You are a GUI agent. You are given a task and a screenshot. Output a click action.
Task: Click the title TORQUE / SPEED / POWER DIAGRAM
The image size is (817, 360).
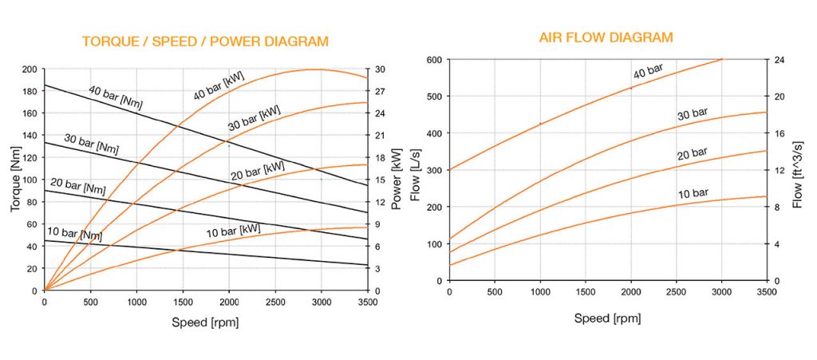[205, 42]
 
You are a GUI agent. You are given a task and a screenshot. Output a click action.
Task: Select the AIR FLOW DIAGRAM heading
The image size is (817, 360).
[606, 38]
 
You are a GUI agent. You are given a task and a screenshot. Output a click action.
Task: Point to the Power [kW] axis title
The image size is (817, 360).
[396, 180]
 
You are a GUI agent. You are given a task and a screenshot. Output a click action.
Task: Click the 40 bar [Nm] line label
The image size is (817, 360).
[116, 97]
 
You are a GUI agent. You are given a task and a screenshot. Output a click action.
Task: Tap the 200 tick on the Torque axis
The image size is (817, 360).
[30, 69]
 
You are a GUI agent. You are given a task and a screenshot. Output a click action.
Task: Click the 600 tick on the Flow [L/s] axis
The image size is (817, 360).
[432, 60]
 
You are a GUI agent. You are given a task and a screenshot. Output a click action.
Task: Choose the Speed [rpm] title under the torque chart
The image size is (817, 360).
[205, 322]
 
